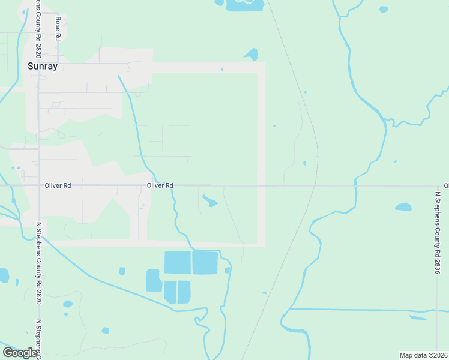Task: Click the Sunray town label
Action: pos(43,67)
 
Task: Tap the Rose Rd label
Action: pos(58,28)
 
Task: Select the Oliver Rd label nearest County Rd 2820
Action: pos(58,186)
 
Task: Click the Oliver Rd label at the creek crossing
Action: pos(160,186)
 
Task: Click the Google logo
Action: pos(20,353)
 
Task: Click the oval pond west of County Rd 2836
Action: pos(403,207)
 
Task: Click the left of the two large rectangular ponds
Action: pos(177,263)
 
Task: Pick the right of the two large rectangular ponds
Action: pos(205,263)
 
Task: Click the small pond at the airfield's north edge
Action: pos(252,55)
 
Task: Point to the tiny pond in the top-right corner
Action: pos(383,10)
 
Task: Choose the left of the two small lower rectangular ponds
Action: pos(170,292)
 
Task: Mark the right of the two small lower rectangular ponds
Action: pos(184,292)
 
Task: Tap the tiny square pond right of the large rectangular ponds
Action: pos(228,271)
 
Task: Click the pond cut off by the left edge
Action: pos(4,275)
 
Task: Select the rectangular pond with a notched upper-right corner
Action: pos(154,280)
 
